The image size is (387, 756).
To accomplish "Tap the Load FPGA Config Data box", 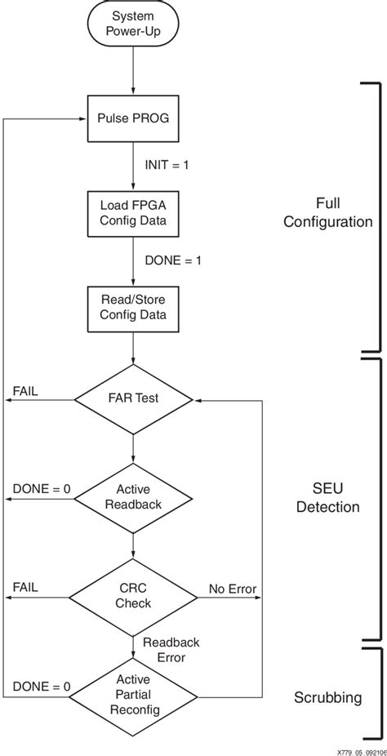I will pyautogui.click(x=132, y=213).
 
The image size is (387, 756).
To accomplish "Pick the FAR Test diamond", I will pyautogui.click(x=133, y=399).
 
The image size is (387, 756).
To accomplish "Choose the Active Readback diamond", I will pyautogui.click(x=133, y=497).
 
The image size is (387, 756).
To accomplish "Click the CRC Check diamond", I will pyautogui.click(x=133, y=595).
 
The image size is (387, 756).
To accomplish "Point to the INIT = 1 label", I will pyautogui.click(x=167, y=166).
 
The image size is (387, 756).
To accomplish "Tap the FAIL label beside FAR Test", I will pyautogui.click(x=24, y=391).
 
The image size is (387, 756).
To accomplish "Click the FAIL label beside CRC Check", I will pyautogui.click(x=24, y=587).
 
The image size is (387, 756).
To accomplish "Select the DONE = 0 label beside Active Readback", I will pyautogui.click(x=41, y=489).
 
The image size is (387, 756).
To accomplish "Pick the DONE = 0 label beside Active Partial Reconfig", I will pyautogui.click(x=41, y=687).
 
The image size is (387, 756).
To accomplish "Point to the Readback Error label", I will pyautogui.click(x=171, y=649).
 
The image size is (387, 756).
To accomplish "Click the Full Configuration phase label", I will pyautogui.click(x=327, y=212).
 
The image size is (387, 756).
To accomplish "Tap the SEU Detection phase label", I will pyautogui.click(x=327, y=496).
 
